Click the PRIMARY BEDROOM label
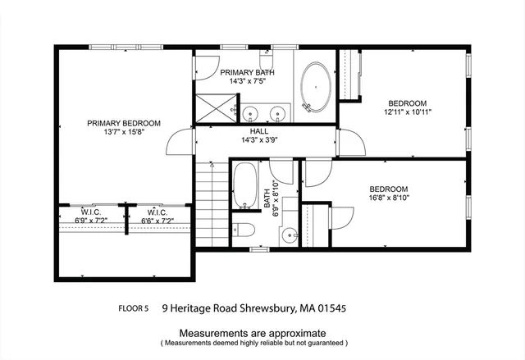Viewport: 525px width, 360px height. click(x=124, y=123)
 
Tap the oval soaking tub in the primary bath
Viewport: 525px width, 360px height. click(x=316, y=85)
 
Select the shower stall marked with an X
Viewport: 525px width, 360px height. click(x=212, y=107)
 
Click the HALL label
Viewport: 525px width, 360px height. click(x=259, y=130)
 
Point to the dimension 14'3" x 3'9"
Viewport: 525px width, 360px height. click(x=259, y=140)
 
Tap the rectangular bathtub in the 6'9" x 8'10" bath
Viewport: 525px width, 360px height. click(x=244, y=187)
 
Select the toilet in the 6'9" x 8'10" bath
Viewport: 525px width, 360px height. click(x=244, y=229)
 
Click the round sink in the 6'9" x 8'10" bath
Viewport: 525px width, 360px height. click(x=289, y=235)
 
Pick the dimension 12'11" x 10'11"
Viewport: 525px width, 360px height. click(x=409, y=112)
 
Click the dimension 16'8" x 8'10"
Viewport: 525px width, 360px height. click(x=388, y=197)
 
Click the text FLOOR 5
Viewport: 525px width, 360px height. click(x=134, y=309)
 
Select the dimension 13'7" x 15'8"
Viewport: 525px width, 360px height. click(x=124, y=133)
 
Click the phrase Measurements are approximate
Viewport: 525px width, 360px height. click(x=253, y=333)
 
